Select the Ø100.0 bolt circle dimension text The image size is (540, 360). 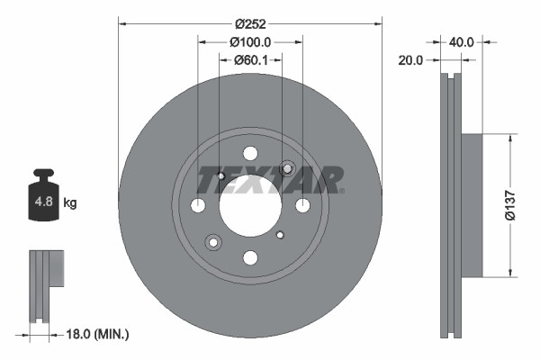tap(250, 41)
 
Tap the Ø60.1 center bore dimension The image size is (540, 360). tap(250, 60)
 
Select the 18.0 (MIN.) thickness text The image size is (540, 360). tap(98, 335)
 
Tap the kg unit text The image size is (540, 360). tap(70, 203)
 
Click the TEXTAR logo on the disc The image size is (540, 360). tap(270, 181)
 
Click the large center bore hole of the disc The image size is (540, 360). tap(250, 205)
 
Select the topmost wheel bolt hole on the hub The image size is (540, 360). tap(250, 153)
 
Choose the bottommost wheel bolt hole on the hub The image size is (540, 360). tap(250, 258)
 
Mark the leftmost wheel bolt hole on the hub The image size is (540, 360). tap(198, 205)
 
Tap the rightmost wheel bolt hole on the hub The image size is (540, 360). tap(302, 205)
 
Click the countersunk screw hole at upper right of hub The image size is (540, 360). tap(288, 168)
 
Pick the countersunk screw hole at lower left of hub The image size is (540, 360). tap(213, 242)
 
